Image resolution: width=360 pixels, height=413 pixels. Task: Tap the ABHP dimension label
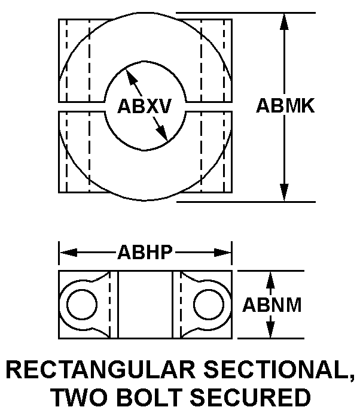coord(145,253)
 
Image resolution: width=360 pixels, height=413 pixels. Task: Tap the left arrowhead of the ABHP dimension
coord(67,253)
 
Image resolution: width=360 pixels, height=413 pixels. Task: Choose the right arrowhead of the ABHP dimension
coord(224,253)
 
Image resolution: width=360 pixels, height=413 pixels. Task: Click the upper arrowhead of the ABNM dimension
coord(270,277)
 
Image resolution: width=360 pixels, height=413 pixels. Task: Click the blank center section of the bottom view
coord(145,305)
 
